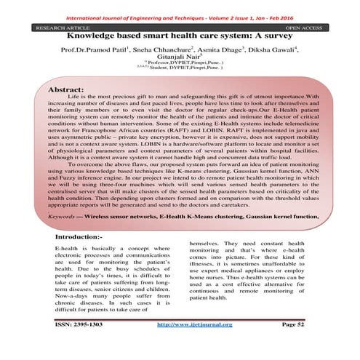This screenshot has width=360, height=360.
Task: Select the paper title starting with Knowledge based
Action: [x=180, y=35]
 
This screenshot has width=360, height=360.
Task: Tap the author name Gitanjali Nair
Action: [x=180, y=62]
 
